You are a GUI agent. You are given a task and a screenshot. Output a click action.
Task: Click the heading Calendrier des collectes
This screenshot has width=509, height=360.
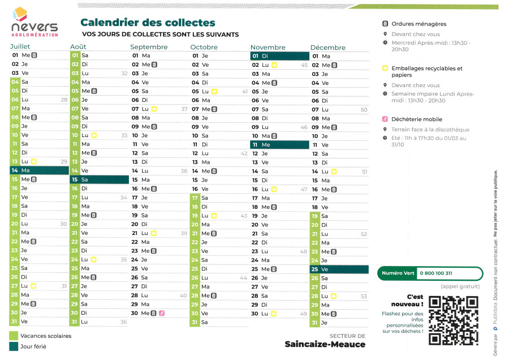[148, 23]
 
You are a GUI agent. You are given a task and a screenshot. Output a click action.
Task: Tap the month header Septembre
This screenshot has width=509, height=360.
[149, 47]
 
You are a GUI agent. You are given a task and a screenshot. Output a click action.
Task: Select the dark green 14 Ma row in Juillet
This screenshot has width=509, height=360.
[39, 170]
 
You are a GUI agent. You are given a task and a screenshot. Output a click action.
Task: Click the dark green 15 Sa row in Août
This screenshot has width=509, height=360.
[100, 179]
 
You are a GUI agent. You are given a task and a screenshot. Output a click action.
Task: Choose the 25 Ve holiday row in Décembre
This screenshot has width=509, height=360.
[339, 269]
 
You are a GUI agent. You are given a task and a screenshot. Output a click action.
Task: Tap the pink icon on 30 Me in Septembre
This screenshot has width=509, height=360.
[162, 313]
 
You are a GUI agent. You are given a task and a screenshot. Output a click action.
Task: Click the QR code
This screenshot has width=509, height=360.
[454, 320]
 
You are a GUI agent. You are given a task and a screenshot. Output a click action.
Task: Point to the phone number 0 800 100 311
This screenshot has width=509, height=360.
[436, 273]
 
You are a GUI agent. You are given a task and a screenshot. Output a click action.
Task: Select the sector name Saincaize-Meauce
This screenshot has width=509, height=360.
[325, 344]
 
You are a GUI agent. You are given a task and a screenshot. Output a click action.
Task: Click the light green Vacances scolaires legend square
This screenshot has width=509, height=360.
[14, 336]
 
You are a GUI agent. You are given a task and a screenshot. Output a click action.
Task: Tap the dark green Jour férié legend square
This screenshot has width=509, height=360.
[14, 346]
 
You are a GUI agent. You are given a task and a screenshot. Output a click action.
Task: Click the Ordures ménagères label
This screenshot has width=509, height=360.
[419, 24]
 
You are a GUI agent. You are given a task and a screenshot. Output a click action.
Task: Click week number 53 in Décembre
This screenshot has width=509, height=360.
[364, 296]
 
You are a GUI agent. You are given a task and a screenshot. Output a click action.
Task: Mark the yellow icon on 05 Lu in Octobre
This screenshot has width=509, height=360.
[214, 91]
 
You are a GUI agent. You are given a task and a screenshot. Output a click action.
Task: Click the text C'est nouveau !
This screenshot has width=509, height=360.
[415, 300]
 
